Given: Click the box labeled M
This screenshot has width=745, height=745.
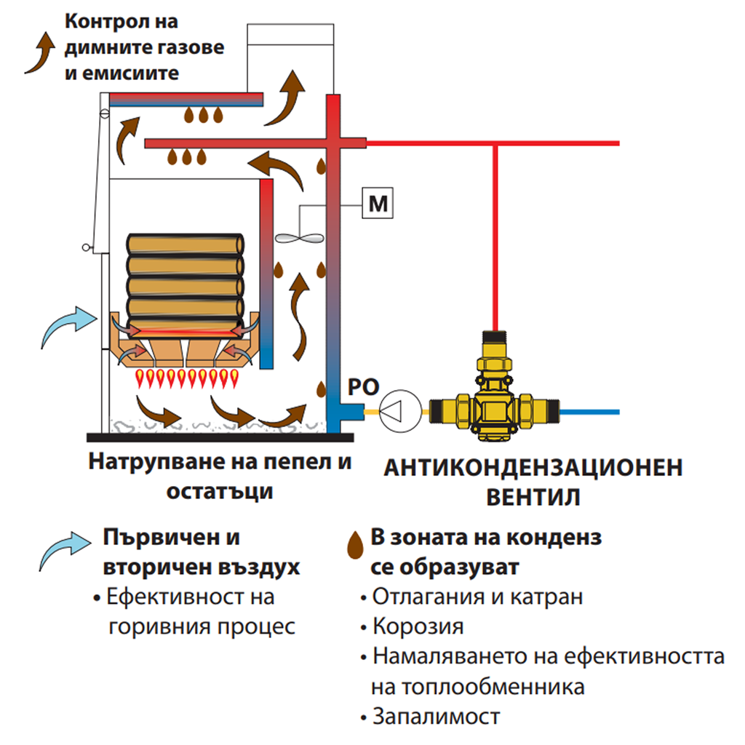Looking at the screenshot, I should [x=378, y=204].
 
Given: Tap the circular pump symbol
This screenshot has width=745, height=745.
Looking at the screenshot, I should [x=396, y=410].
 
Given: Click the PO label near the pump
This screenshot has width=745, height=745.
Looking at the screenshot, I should [x=362, y=385].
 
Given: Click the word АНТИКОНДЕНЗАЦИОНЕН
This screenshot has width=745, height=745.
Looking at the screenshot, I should [x=533, y=467].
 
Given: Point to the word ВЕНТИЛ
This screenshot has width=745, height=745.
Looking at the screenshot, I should [x=533, y=498].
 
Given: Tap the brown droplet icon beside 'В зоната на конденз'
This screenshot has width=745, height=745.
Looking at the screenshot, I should [x=355, y=543].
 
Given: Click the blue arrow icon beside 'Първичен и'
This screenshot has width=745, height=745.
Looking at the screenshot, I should [x=65, y=549].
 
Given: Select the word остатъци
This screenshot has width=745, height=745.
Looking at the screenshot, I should [x=220, y=491].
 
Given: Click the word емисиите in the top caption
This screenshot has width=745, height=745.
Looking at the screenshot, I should [x=129, y=73].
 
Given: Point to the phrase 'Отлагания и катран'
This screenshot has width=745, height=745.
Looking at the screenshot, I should [x=477, y=597].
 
